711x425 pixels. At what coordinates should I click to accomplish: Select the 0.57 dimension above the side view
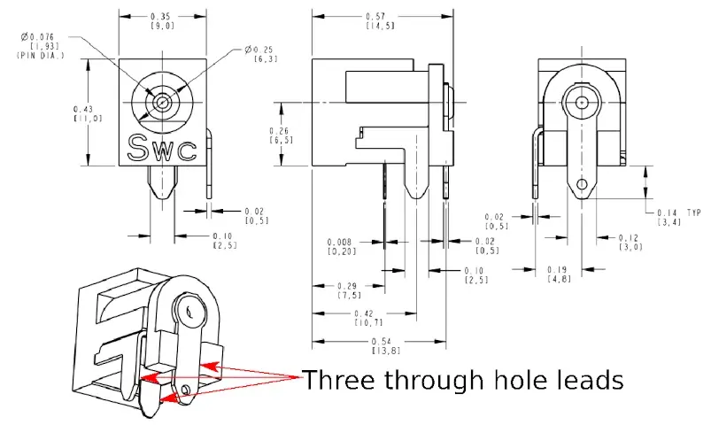click(380, 16)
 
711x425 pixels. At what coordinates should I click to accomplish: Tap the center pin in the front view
click(161, 102)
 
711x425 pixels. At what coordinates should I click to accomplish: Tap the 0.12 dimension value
click(629, 238)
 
